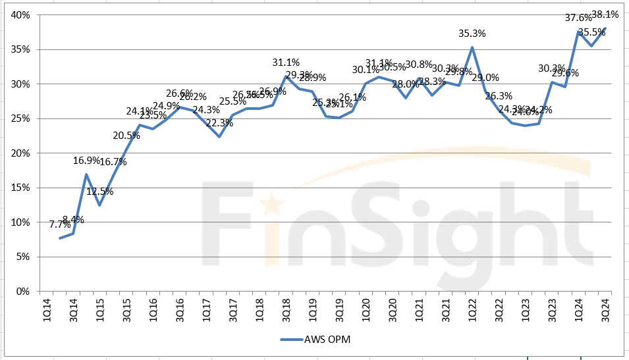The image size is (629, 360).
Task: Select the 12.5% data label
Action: point(99,192)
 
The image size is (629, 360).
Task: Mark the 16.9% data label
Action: point(86,160)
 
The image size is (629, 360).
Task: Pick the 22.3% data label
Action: point(219,123)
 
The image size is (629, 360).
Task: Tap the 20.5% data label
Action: point(126,136)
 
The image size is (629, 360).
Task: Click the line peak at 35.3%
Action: point(472,47)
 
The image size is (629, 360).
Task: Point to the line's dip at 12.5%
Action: point(99,205)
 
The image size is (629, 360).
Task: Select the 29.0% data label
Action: point(486,78)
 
